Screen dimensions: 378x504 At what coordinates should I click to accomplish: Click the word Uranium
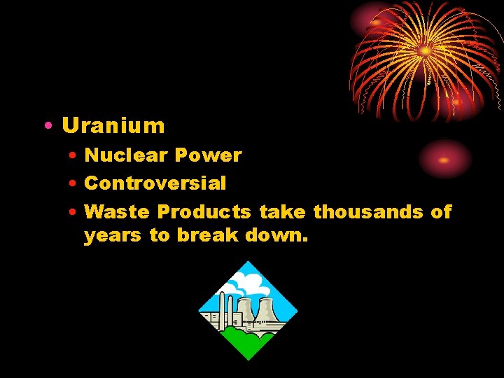click(113, 126)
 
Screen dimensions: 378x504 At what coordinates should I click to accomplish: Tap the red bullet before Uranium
click(45, 127)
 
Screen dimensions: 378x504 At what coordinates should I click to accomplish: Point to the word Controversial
click(155, 183)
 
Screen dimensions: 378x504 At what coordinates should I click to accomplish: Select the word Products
click(204, 211)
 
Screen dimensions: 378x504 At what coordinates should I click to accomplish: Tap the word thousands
click(367, 211)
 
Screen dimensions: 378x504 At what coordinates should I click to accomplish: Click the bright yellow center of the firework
click(425, 50)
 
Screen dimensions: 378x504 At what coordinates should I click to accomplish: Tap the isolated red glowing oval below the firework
click(444, 159)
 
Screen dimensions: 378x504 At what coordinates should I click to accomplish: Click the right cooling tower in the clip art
click(266, 311)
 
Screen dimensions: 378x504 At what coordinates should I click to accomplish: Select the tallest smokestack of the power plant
click(223, 308)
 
